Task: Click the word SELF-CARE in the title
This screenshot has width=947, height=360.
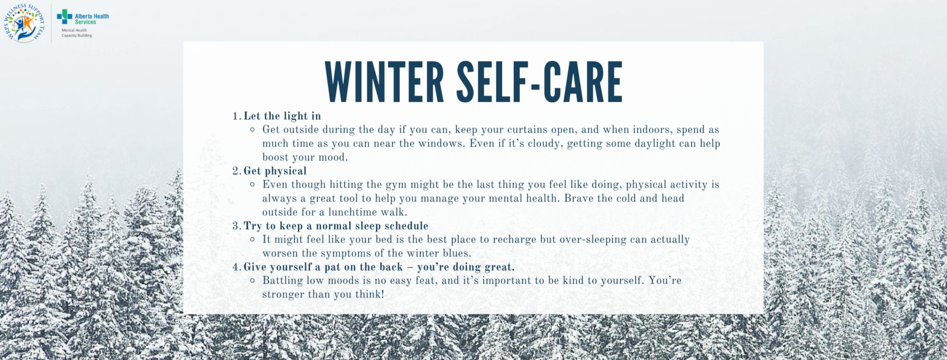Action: pyautogui.click(x=540, y=82)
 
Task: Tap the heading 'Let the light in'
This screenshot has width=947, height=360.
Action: pyautogui.click(x=282, y=116)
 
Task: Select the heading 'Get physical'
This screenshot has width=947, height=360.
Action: pyautogui.click(x=275, y=171)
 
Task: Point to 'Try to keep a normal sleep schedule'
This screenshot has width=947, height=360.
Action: pyautogui.click(x=336, y=226)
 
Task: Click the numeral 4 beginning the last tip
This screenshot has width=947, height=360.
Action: pyautogui.click(x=236, y=267)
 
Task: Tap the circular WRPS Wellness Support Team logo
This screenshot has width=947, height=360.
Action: pyautogui.click(x=24, y=23)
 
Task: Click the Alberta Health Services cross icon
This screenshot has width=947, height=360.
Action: pyautogui.click(x=65, y=17)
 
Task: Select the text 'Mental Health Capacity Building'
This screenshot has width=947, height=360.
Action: pyautogui.click(x=77, y=33)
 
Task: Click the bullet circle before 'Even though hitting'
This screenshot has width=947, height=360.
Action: pyautogui.click(x=253, y=185)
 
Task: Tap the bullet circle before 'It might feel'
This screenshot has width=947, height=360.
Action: pyautogui.click(x=253, y=240)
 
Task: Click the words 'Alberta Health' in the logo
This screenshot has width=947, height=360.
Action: pyautogui.click(x=92, y=16)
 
